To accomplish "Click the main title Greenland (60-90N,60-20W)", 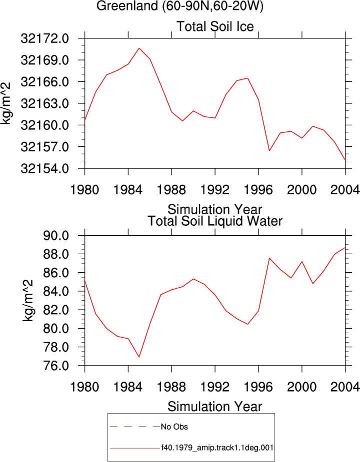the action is (x=179, y=6).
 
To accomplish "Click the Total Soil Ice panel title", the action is (x=215, y=26).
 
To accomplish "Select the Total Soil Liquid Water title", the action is (x=215, y=221).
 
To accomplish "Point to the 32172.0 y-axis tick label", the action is (x=44, y=38).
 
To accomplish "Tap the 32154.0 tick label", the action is (x=44, y=168).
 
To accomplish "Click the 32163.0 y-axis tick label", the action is (x=44, y=104).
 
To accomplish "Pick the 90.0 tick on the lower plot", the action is (x=56, y=236).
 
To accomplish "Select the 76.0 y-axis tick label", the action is (x=56, y=366).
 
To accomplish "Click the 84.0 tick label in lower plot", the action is (x=56, y=291).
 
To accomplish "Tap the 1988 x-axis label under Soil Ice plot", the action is (x=171, y=190).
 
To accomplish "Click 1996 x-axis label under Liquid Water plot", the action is (x=258, y=387).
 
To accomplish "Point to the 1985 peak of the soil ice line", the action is (x=139, y=48).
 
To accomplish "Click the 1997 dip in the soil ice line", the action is (x=269, y=150).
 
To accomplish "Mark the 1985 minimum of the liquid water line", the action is (x=139, y=357).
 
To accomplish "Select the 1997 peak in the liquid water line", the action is (x=269, y=258).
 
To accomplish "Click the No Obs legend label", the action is (x=174, y=427).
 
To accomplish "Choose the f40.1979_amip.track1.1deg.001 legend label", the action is (x=217, y=448).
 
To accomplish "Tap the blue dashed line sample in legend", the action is (x=135, y=427).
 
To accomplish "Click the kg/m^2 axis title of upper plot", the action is (x=5, y=103).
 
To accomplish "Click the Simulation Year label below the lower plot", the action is (x=215, y=407).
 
